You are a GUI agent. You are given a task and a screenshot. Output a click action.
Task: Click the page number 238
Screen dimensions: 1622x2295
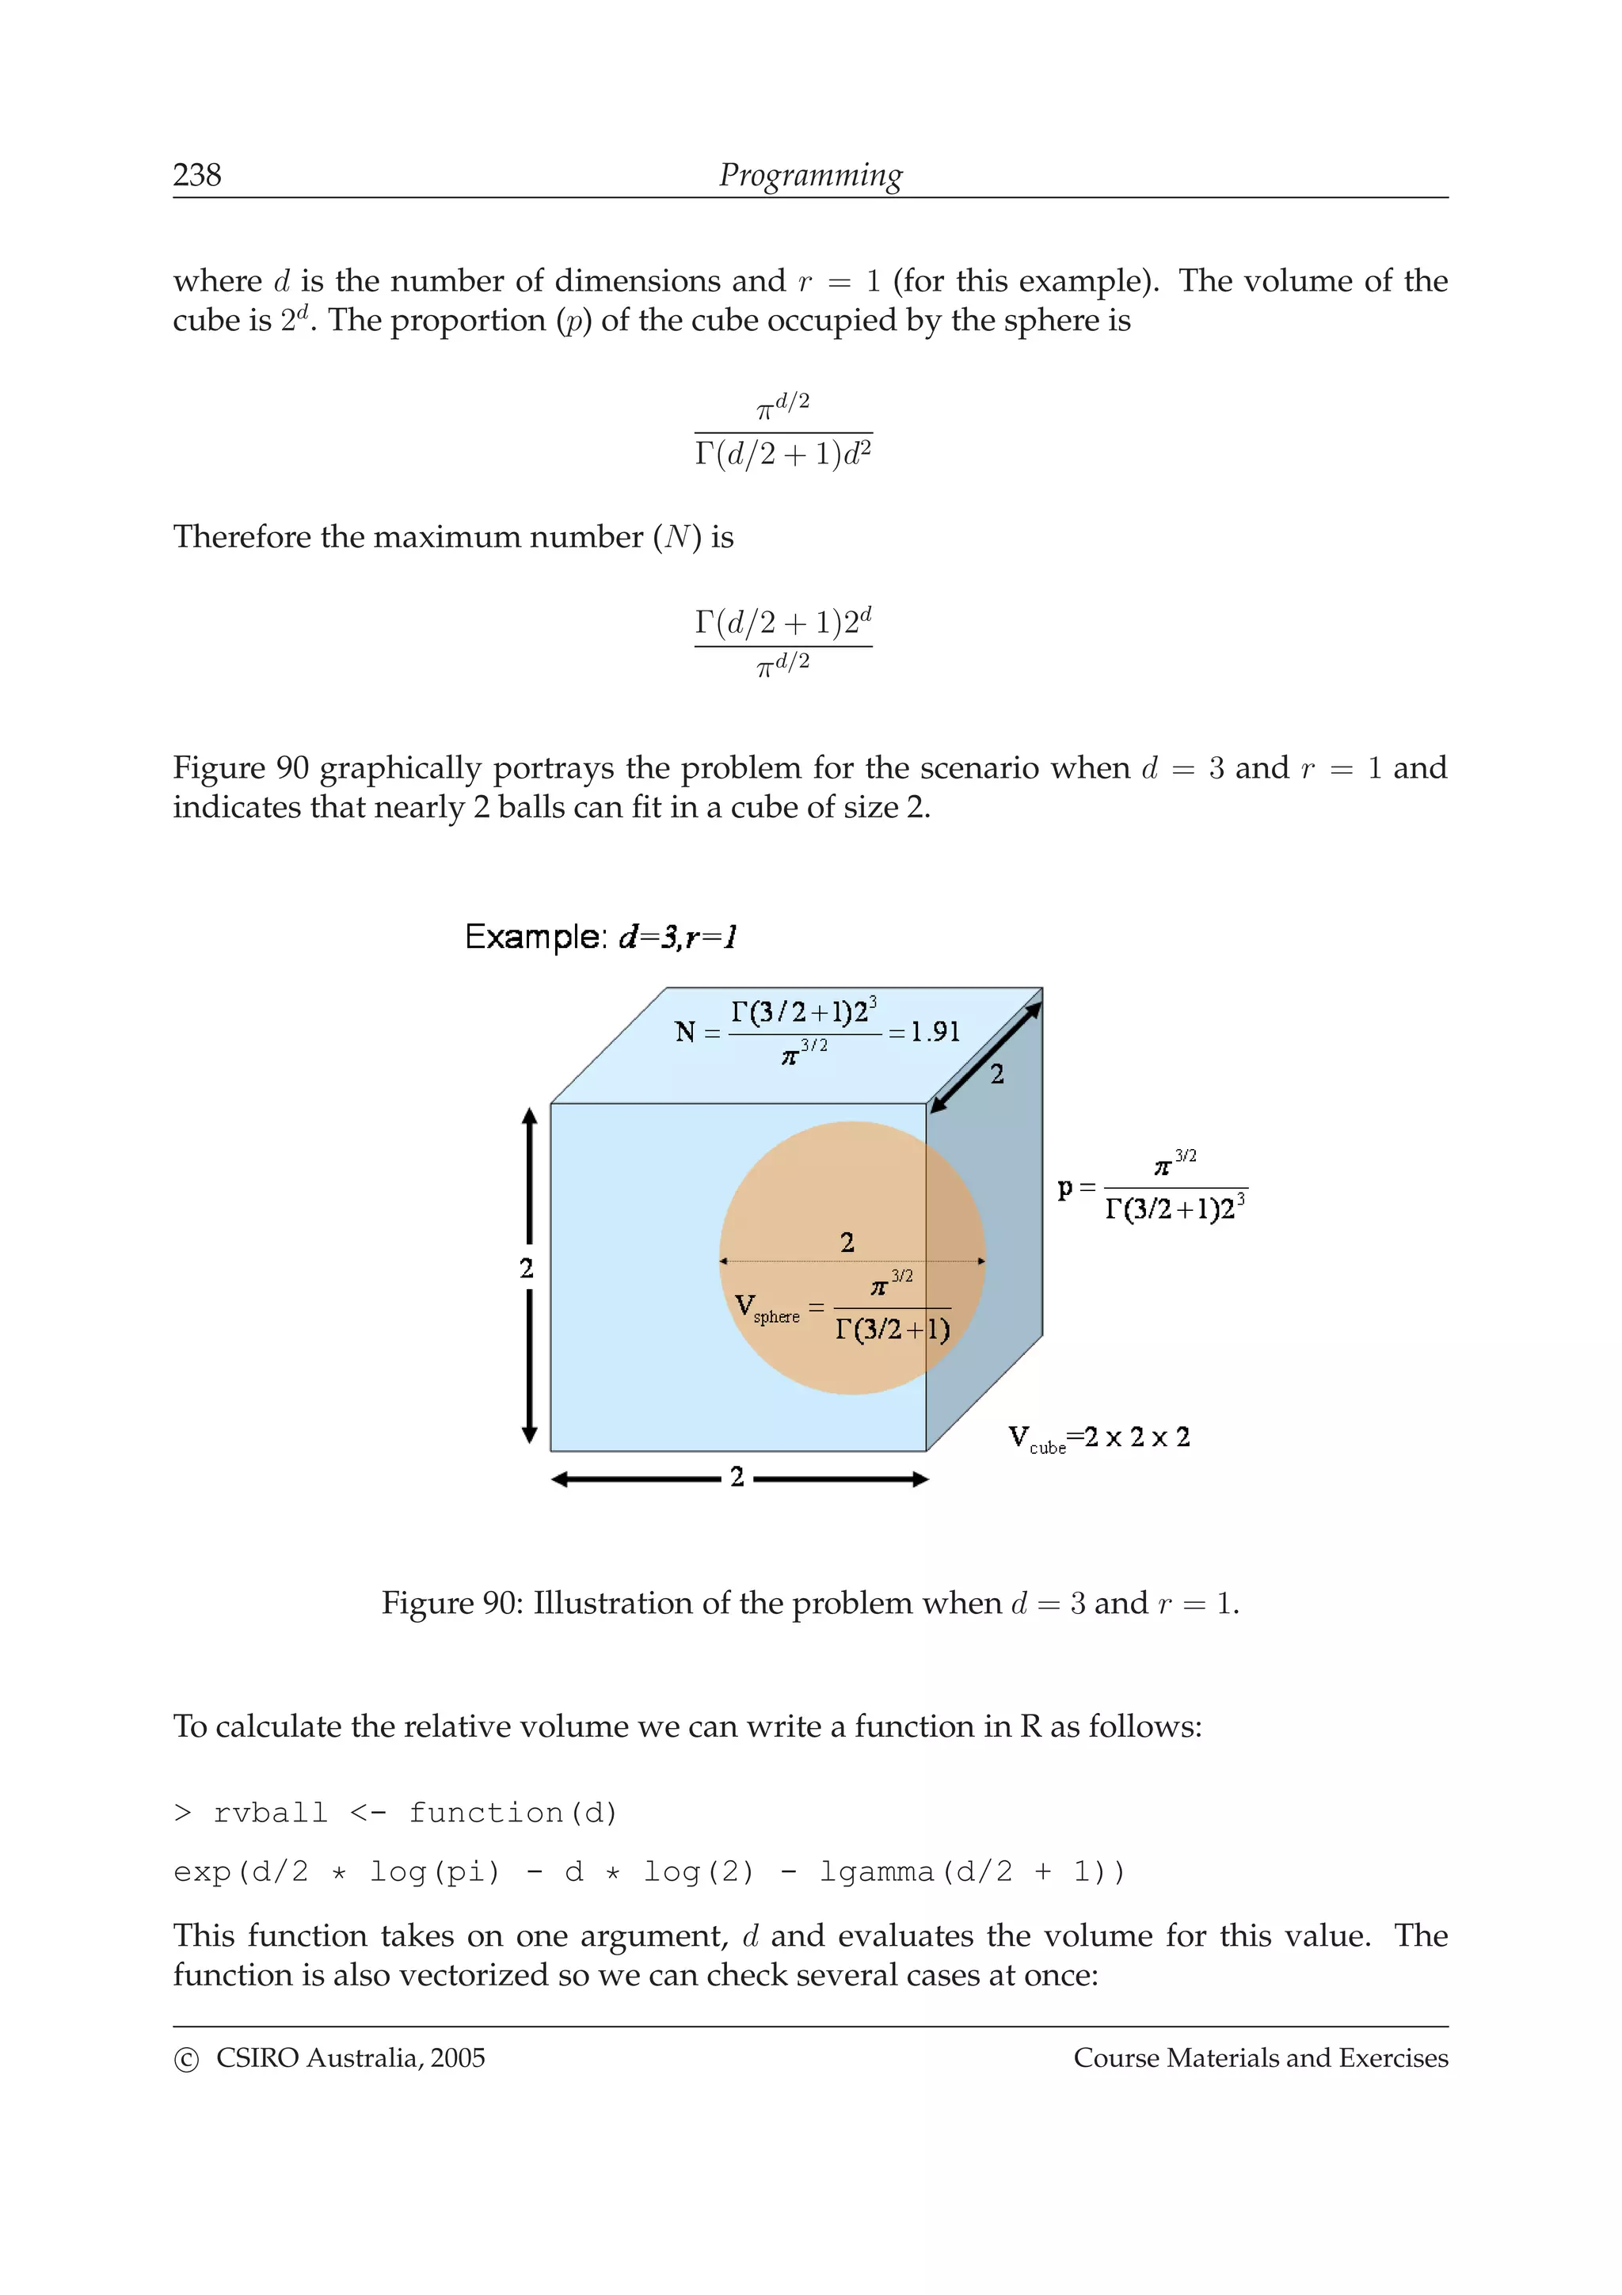(x=197, y=175)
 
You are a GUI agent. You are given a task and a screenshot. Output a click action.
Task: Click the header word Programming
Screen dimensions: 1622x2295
(x=809, y=175)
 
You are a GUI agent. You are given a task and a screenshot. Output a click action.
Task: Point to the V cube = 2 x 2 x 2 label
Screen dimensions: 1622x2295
(x=1098, y=1437)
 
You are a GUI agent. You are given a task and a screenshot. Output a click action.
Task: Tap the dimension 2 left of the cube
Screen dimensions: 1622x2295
(x=527, y=1267)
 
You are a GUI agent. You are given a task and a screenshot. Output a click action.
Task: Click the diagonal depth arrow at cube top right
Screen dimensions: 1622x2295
(x=984, y=1056)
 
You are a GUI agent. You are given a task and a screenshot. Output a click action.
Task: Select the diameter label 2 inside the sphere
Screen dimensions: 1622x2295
(x=847, y=1243)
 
